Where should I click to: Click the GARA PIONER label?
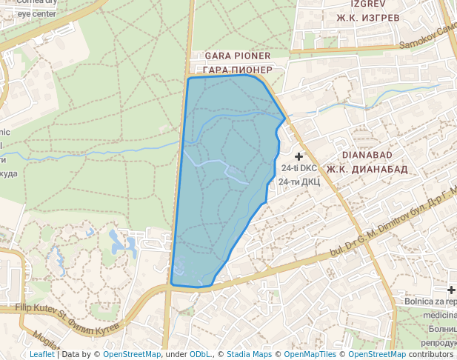tap(237, 56)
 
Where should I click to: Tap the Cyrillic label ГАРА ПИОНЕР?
tap(237, 70)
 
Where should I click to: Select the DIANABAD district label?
tap(375, 156)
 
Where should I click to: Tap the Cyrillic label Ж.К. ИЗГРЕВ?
tap(368, 17)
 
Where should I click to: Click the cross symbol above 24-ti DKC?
tap(299, 156)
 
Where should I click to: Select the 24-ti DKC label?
tap(299, 168)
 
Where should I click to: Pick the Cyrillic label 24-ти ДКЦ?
tap(299, 181)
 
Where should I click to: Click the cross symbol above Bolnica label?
tap(451, 289)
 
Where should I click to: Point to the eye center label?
tap(36, 13)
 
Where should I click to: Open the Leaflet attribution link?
tap(41, 355)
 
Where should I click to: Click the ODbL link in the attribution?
tap(201, 355)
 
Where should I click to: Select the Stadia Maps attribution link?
tap(249, 355)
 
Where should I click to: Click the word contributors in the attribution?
tap(430, 355)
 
